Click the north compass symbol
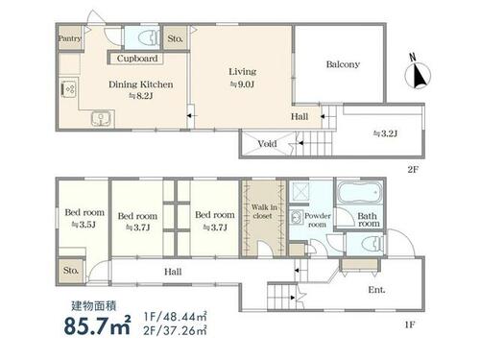point(418,75)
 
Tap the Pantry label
point(70,38)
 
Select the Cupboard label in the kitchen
point(137,59)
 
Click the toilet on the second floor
point(148,37)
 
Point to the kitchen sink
point(102,119)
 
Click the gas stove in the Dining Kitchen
point(68,88)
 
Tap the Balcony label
point(343,64)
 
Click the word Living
point(242,72)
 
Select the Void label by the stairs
point(267,144)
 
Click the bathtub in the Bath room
point(359,193)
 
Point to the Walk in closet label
point(264,211)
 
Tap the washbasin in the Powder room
point(297,217)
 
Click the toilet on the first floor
point(372,244)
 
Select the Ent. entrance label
point(376,290)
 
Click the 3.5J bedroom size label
point(84,225)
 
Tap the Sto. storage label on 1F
point(71,271)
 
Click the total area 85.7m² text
point(97,325)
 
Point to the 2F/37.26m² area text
point(175,330)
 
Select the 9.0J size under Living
point(242,84)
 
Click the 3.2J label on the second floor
point(385,133)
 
